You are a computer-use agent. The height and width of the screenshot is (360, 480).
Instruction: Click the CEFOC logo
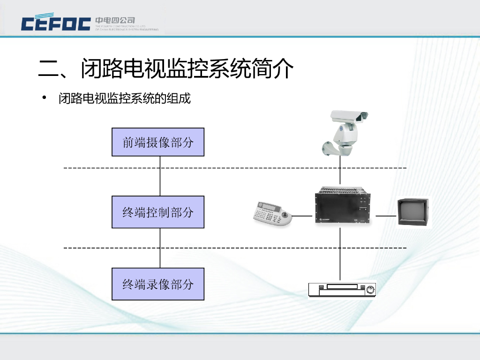(x=56, y=23)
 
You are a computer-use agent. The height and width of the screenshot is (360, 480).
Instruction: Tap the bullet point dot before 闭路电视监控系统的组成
(x=45, y=98)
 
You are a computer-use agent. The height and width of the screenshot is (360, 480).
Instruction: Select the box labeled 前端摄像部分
(x=158, y=142)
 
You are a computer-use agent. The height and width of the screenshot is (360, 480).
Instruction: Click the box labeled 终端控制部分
(x=158, y=212)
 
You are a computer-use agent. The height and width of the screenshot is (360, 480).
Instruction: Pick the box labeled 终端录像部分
(x=158, y=284)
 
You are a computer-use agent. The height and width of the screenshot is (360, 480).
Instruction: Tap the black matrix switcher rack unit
(x=341, y=206)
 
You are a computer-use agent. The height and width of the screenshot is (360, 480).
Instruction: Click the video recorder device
(x=342, y=290)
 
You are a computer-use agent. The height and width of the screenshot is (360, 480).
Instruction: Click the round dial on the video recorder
(x=370, y=290)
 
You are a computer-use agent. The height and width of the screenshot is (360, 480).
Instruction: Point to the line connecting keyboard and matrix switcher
(x=303, y=216)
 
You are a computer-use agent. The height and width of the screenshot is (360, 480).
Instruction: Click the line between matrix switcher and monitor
(x=386, y=216)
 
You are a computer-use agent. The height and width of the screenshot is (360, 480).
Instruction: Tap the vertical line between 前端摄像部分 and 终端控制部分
(x=160, y=176)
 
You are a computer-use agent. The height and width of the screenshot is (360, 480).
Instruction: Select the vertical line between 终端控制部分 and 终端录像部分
(x=160, y=248)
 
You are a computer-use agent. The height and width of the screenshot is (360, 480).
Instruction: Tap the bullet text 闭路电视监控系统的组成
(x=125, y=98)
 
